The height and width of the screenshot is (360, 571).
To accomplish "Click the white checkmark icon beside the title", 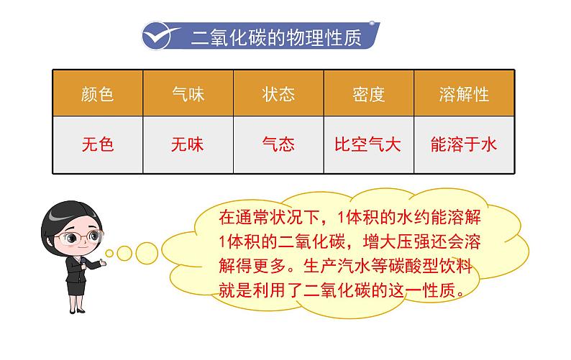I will [162, 34].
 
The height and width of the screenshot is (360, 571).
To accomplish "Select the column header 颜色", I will [98, 94].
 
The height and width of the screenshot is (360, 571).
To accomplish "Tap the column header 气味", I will [188, 94].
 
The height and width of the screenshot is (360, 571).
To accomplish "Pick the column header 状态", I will [278, 94].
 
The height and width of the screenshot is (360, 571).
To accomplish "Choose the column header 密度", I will [369, 94].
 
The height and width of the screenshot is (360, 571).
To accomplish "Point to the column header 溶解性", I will [464, 94].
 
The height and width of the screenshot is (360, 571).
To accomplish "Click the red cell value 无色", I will [98, 144].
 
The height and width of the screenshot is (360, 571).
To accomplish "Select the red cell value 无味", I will [188, 144].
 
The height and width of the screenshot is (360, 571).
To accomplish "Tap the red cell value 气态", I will [278, 144].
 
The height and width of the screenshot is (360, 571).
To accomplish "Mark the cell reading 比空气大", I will [368, 144].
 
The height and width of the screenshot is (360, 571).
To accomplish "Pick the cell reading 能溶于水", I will [464, 144].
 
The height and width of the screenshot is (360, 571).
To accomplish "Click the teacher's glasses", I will [68, 236].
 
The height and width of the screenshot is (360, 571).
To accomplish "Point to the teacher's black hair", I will [61, 216].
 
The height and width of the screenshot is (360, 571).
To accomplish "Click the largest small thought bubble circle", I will [147, 250].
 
